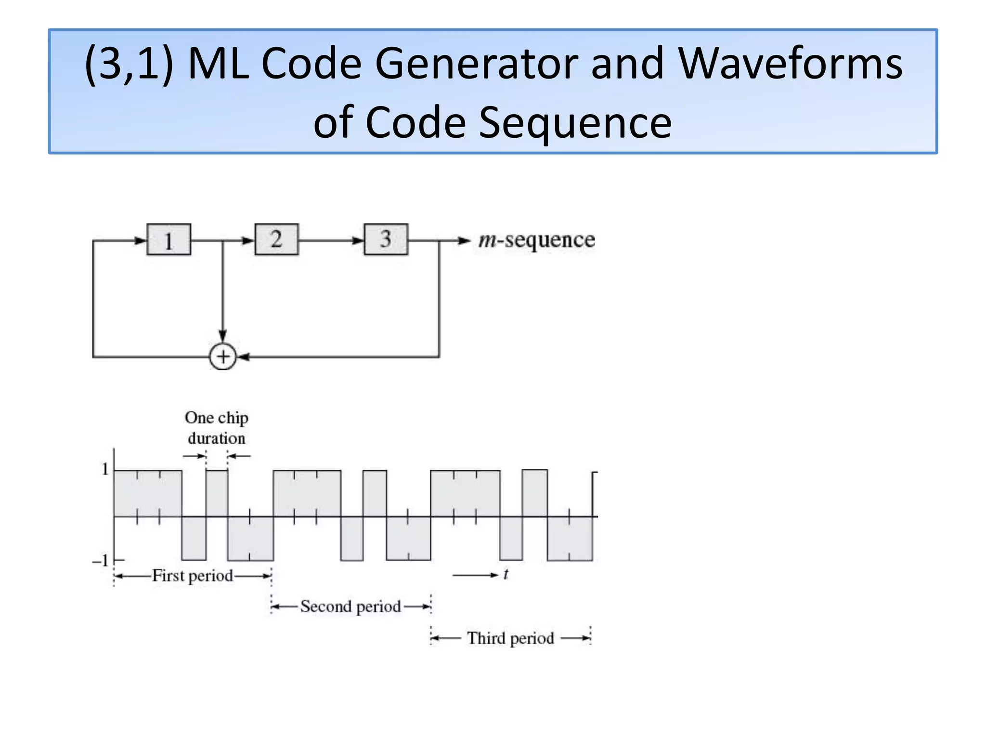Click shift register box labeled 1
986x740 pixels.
pyautogui.click(x=169, y=239)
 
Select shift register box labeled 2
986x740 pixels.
pyautogui.click(x=276, y=239)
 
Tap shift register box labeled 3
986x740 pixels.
pyautogui.click(x=386, y=239)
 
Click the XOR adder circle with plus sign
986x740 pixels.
pyautogui.click(x=223, y=357)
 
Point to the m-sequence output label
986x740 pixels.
pyautogui.click(x=536, y=240)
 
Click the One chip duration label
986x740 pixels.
pyautogui.click(x=217, y=428)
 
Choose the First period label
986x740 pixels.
pyautogui.click(x=193, y=576)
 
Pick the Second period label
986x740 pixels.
pyautogui.click(x=350, y=607)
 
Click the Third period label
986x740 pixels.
pyautogui.click(x=510, y=638)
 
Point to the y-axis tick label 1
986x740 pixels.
pyautogui.click(x=105, y=469)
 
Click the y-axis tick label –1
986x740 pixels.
pyautogui.click(x=101, y=561)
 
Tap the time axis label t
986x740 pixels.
pyautogui.click(x=506, y=574)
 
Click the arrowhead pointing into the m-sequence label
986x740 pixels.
pyautogui.click(x=464, y=240)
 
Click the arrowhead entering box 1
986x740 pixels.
pyautogui.click(x=141, y=240)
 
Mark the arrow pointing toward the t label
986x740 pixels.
pyautogui.click(x=475, y=575)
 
